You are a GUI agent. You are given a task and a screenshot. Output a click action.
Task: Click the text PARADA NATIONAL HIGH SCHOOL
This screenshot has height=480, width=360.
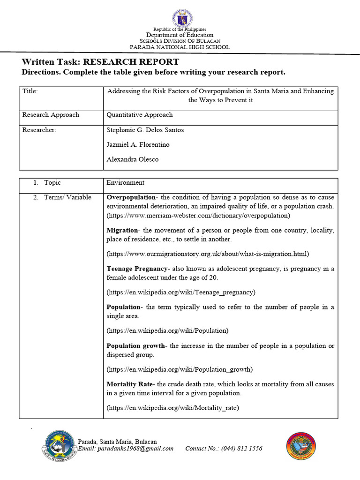[180, 47]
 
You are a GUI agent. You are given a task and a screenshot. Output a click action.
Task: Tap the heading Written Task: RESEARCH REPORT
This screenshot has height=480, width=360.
[100, 62]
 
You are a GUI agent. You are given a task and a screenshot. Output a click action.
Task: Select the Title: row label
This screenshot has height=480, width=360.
[30, 91]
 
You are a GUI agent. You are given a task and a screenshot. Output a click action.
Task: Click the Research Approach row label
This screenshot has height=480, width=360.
[51, 115]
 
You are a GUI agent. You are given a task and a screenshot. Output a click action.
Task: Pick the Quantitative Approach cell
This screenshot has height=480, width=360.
[140, 115]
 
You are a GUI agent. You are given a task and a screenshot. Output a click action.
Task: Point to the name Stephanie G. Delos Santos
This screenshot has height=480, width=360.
[145, 130]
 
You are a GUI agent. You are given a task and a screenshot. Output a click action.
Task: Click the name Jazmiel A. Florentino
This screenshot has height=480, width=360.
[138, 145]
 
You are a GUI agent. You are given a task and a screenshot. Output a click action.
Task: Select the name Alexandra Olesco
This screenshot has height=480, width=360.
[133, 159]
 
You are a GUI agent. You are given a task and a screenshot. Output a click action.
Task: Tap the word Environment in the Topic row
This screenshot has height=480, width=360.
[125, 183]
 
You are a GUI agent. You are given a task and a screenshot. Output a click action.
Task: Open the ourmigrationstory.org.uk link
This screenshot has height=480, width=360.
[208, 254]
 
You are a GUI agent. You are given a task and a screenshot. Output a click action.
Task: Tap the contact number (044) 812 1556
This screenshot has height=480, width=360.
[224, 449]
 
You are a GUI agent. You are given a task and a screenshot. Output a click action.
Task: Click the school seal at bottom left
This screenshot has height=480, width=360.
[60, 446]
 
